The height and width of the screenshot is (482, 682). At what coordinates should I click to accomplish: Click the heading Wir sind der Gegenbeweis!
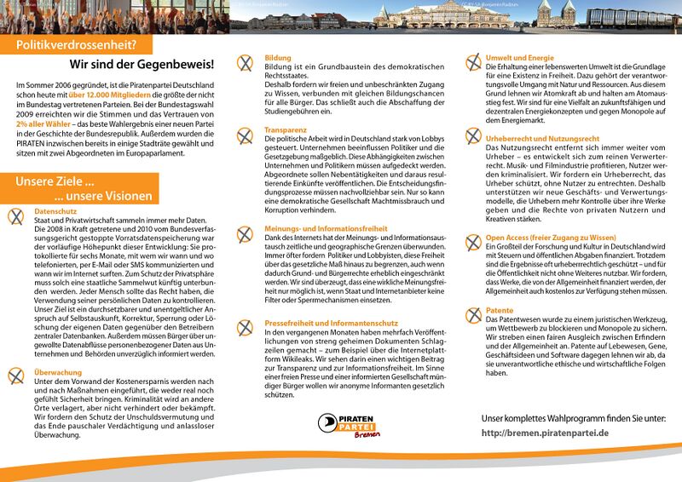pyautogui.click(x=142, y=65)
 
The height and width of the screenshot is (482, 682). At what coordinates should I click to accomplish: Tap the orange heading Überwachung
pyautogui.click(x=58, y=372)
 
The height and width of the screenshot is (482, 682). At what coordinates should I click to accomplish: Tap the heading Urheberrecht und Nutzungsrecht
pyautogui.click(x=537, y=137)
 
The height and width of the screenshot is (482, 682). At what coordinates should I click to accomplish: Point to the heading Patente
pyautogui.click(x=500, y=311)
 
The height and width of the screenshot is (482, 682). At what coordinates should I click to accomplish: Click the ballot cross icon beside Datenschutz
pyautogui.click(x=15, y=215)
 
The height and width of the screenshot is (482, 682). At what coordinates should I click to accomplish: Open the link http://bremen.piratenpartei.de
pyautogui.click(x=545, y=433)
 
